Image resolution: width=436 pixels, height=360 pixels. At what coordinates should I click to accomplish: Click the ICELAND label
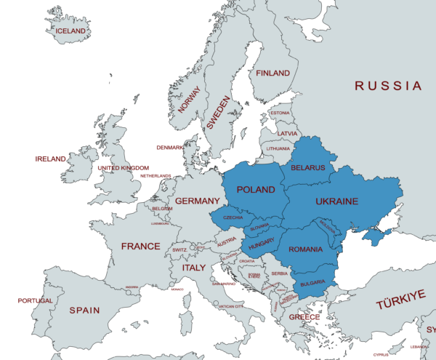coord(72,31)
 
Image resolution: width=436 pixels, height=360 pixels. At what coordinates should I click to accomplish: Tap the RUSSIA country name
coord(388,86)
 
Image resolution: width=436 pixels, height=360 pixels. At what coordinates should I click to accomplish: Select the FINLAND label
coord(272,73)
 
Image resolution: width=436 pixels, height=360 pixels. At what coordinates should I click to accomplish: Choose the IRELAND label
coord(51,159)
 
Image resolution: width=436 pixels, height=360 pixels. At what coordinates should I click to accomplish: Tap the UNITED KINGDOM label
coord(123,168)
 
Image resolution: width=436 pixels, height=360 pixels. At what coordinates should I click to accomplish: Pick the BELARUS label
coord(307,168)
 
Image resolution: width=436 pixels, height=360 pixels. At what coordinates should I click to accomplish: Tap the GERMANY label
coord(197,201)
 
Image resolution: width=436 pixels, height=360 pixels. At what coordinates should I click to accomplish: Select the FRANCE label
coord(140,247)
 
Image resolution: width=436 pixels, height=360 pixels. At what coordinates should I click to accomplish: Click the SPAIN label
coord(84,311)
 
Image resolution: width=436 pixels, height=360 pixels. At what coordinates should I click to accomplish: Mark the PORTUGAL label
coord(35,300)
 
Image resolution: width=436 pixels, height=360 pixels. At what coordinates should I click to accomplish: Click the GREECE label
coord(304,317)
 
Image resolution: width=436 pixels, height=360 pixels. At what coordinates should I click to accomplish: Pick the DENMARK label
coord(170,148)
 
